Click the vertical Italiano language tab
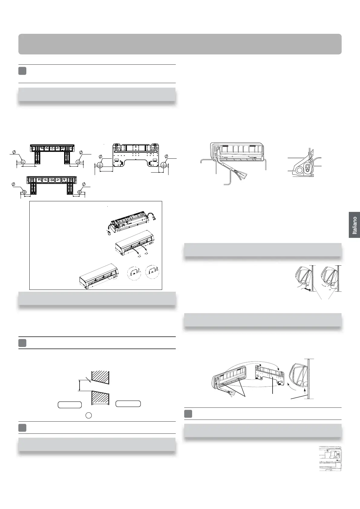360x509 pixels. (x=354, y=225)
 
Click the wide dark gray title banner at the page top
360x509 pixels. (x=180, y=44)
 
